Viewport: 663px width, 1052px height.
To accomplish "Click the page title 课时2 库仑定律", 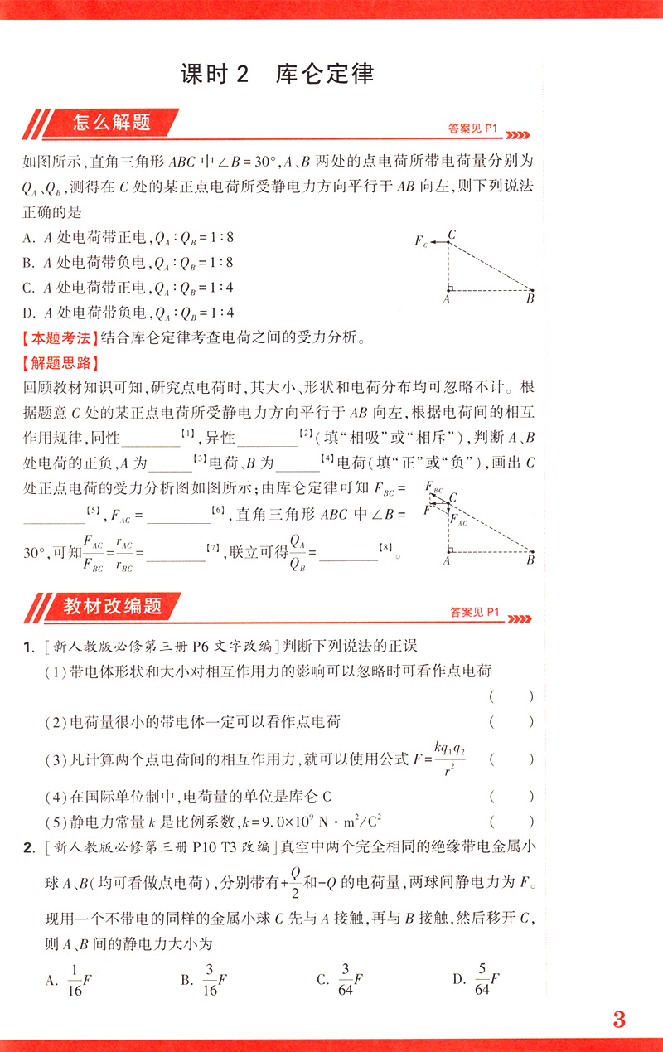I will pyautogui.click(x=277, y=74).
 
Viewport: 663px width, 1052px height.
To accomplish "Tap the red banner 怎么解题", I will pyautogui.click(x=111, y=124).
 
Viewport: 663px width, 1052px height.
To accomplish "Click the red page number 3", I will pyautogui.click(x=619, y=1020).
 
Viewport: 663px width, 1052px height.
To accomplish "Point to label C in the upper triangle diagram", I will pyautogui.click(x=452, y=234).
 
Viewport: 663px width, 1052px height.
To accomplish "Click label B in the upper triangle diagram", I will pyautogui.click(x=530, y=299).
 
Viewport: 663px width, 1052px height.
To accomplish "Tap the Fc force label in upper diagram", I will pyautogui.click(x=422, y=242).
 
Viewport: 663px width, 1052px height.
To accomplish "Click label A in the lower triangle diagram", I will pyautogui.click(x=447, y=561).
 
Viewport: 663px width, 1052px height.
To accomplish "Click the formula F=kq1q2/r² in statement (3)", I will pyautogui.click(x=438, y=758).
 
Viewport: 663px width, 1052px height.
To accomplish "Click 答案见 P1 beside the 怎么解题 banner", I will pyautogui.click(x=471, y=129).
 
